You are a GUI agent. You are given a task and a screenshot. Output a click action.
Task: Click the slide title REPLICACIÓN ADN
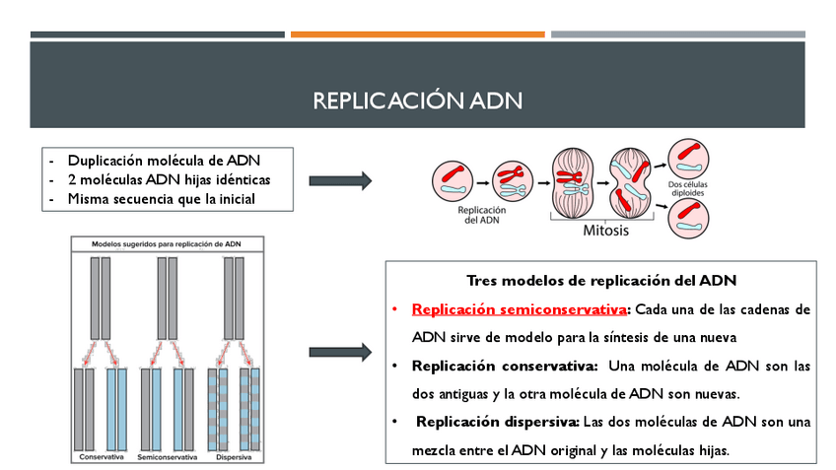[417, 101]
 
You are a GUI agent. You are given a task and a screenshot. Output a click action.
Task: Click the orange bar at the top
[417, 34]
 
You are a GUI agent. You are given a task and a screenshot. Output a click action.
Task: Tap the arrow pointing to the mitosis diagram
[340, 180]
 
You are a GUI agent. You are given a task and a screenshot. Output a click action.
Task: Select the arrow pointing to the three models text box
[340, 352]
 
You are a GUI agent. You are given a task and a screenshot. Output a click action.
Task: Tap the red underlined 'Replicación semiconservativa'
[520, 309]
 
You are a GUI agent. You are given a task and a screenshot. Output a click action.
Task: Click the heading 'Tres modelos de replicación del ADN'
[601, 281]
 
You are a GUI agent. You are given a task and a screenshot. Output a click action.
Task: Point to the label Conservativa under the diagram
[102, 458]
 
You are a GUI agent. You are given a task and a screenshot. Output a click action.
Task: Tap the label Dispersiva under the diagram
[234, 458]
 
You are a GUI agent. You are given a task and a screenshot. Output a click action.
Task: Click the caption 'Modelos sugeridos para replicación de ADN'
[167, 242]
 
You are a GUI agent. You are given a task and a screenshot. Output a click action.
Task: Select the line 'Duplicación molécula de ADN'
[164, 160]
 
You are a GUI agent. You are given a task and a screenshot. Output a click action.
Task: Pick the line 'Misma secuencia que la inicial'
[161, 198]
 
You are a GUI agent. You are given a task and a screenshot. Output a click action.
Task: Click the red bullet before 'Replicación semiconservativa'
[393, 309]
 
